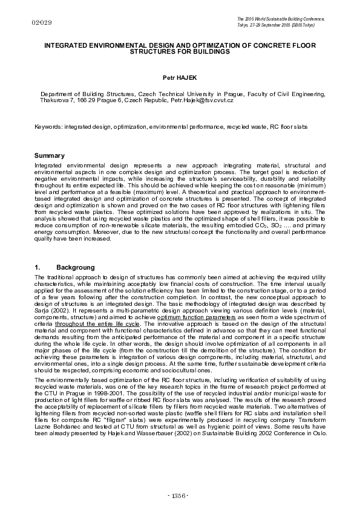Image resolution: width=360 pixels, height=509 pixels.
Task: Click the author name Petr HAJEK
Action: (180, 78)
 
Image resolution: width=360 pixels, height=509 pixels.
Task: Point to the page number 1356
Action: (180, 496)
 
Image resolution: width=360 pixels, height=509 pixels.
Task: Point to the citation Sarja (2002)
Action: (50, 315)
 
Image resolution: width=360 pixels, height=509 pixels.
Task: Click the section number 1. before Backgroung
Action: (38, 267)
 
